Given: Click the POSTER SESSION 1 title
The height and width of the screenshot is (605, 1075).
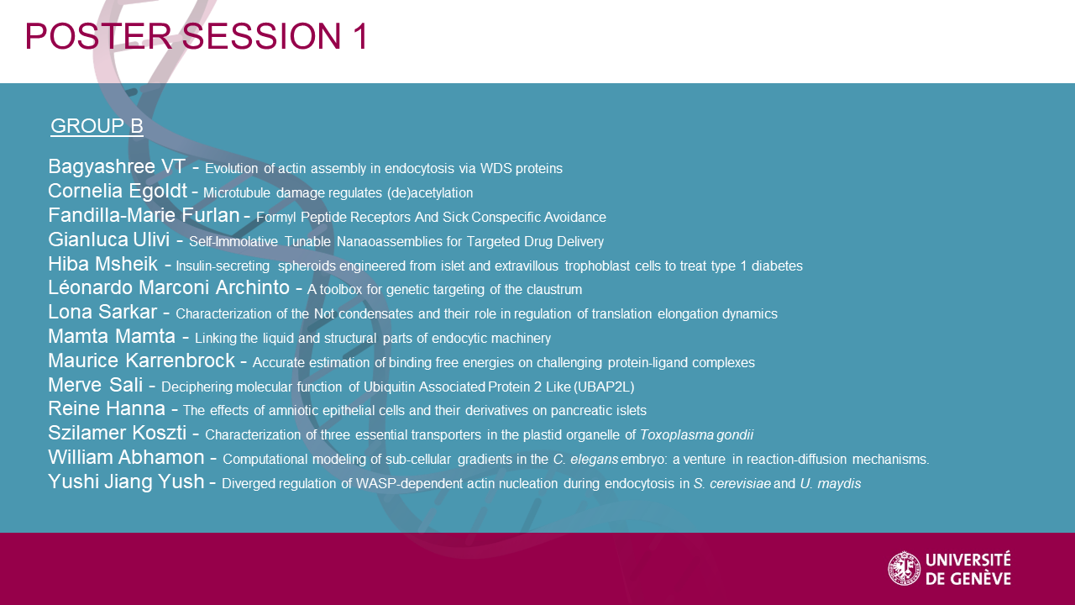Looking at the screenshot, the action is pyautogui.click(x=197, y=36).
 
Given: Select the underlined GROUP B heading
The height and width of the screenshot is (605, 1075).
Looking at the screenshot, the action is pyautogui.click(x=97, y=126).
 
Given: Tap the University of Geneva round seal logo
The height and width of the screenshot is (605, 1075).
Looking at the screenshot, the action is pyautogui.click(x=905, y=569).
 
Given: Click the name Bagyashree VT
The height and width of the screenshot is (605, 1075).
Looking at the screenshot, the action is pyautogui.click(x=117, y=166).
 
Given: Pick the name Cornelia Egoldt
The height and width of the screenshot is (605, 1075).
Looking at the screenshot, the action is pyautogui.click(x=118, y=191).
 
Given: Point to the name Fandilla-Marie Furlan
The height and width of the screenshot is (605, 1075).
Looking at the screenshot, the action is pyautogui.click(x=144, y=215).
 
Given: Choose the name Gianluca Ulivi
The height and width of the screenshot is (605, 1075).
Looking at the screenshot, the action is pyautogui.click(x=109, y=239).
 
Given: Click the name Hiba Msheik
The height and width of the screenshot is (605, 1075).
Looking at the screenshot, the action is pyautogui.click(x=102, y=264).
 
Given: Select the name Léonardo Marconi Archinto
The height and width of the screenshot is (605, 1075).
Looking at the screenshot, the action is pyautogui.click(x=169, y=287).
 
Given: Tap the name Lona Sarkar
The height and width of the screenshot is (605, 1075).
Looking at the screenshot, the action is pyautogui.click(x=102, y=312).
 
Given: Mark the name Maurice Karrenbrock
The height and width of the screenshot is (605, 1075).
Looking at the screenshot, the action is pyautogui.click(x=142, y=360).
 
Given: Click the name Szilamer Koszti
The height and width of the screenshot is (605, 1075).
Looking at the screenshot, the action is pyautogui.click(x=117, y=433).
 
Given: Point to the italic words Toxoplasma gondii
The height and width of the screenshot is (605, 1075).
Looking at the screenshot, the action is pyautogui.click(x=697, y=435).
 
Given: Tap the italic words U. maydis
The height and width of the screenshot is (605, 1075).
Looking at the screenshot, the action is pyautogui.click(x=831, y=483).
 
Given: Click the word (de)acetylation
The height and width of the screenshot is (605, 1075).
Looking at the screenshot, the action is pyautogui.click(x=429, y=193).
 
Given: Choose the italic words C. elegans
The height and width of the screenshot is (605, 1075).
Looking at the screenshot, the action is pyautogui.click(x=585, y=460).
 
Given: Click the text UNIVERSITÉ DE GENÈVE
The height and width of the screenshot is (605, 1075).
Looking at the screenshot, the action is pyautogui.click(x=968, y=569).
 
